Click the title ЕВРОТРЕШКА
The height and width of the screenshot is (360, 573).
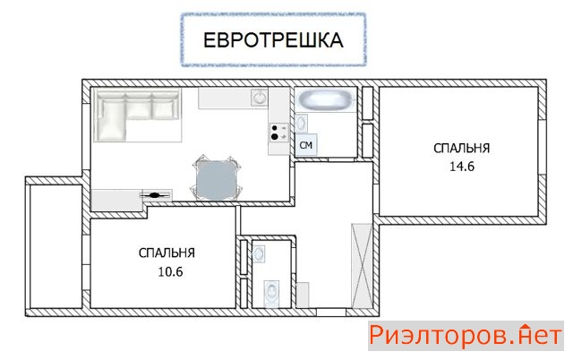click(273, 39)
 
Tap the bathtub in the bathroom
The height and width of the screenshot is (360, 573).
click(325, 99)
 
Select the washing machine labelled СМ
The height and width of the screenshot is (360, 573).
click(306, 145)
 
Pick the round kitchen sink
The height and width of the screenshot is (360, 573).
click(260, 98)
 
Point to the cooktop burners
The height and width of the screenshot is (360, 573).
click(279, 133)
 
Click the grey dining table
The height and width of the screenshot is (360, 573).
click(216, 180)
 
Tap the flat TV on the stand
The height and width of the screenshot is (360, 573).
click(156, 195)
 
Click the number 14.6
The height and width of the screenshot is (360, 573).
click(462, 167)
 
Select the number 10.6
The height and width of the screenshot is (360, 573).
click(170, 271)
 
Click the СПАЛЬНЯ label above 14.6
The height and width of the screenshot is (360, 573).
click(462, 149)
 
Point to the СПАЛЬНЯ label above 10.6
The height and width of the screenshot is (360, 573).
click(167, 253)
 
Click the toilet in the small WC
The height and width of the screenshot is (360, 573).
click(271, 291)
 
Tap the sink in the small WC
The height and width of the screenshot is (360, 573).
click(259, 253)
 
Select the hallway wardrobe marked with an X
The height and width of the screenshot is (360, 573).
click(362, 266)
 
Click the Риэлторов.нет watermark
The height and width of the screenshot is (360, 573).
click(466, 336)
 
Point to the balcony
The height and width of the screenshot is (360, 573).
click(56, 246)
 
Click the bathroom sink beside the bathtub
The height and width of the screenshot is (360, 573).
click(301, 124)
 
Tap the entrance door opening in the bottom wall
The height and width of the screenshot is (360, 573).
click(331, 313)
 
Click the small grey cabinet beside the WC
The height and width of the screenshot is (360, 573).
click(303, 295)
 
